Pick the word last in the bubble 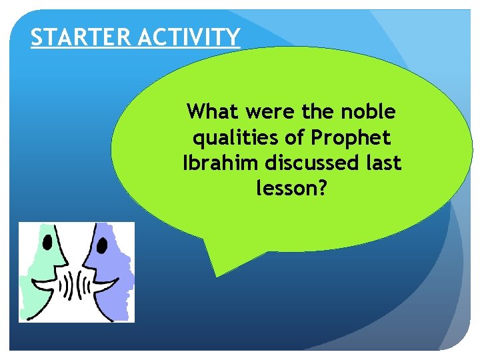click(383, 164)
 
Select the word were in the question click(269, 111)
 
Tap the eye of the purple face click(102, 245)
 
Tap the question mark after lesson click(322, 190)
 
